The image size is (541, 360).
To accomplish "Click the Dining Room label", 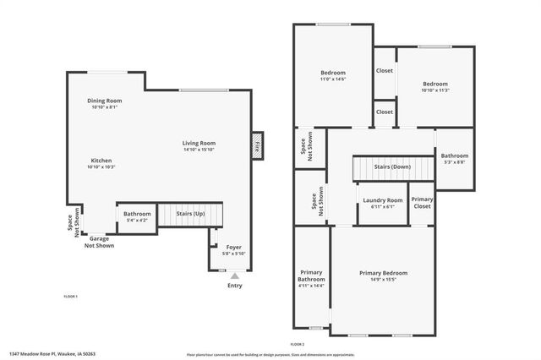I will coord(106,101).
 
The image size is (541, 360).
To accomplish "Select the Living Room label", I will coord(199,143).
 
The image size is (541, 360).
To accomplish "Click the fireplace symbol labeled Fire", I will coord(258,145).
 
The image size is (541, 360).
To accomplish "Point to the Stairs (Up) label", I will coord(189,215).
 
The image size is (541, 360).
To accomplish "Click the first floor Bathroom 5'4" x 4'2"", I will coord(137,216).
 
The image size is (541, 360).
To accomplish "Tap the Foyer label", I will coord(232,247).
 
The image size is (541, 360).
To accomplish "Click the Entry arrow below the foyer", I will coord(234,275).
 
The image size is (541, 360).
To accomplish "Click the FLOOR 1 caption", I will coord(71,297).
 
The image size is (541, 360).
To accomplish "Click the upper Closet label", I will coord(385,71).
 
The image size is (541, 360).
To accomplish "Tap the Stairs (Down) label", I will coord(392,167).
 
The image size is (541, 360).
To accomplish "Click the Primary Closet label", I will coord(422,203).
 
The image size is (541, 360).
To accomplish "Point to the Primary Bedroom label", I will coord(383,273).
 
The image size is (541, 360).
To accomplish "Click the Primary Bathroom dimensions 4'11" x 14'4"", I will coord(311,286).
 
